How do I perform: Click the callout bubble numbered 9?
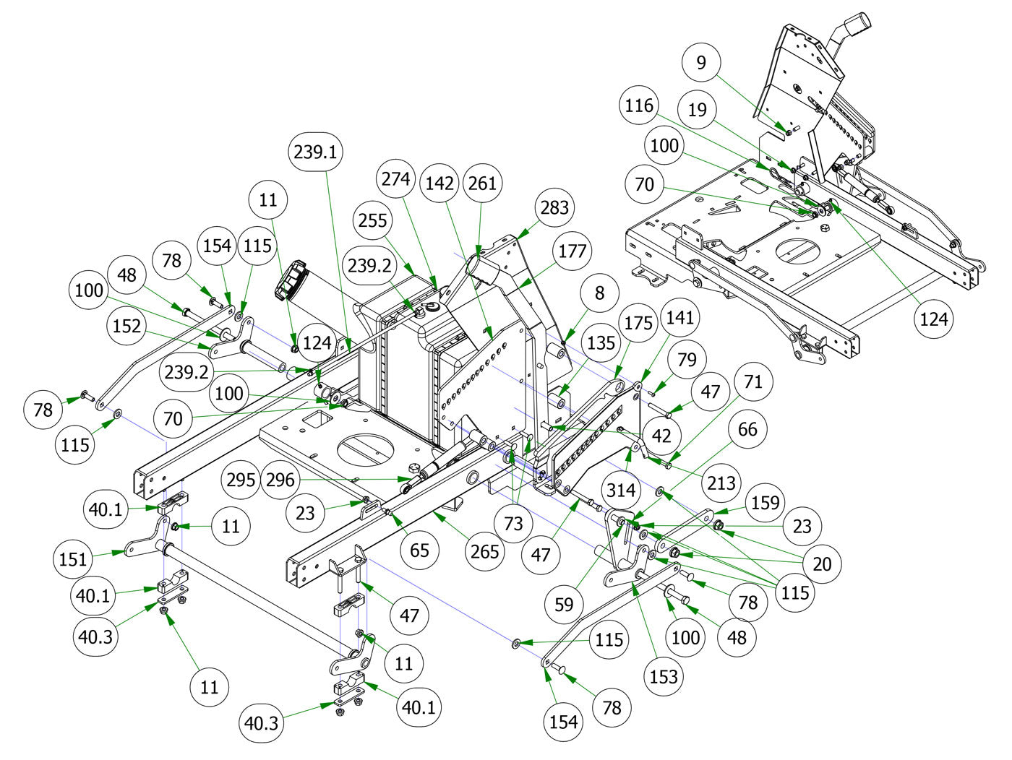pos(701,63)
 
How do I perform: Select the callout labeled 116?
pos(639,106)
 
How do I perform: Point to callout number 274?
pos(396,178)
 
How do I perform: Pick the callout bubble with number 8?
pos(599,293)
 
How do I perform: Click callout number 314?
pos(621,491)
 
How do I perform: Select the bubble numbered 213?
pos(721,483)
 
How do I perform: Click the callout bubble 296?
pos(281,480)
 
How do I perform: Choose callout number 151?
pos(73,558)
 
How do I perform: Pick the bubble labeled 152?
pos(127,326)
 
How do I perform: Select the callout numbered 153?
pos(664,676)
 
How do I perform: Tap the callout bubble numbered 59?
pos(564,604)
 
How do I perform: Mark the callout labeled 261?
pos(483,183)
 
